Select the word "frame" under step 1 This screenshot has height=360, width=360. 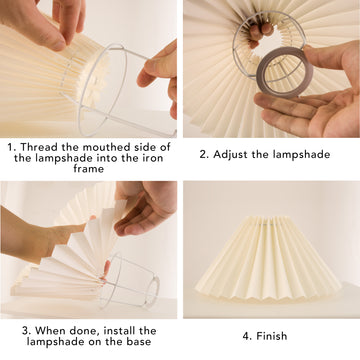[x=89, y=168]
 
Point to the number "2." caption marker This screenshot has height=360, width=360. [x=204, y=155]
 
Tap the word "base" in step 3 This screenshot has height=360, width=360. [x=138, y=342]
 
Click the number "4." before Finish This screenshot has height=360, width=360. [x=247, y=336]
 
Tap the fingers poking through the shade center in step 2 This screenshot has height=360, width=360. [x=260, y=33]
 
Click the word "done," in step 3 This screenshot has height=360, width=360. [x=85, y=331]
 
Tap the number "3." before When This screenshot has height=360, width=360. [x=27, y=331]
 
